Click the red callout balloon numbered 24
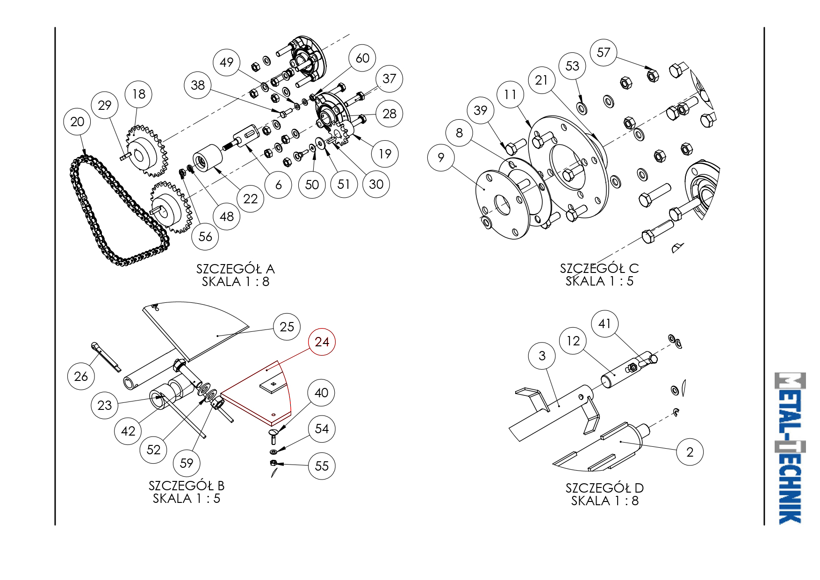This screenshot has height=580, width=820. click(322, 342)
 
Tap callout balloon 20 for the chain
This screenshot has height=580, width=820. click(77, 122)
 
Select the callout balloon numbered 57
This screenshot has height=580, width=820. click(604, 52)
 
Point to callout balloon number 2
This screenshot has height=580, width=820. click(690, 452)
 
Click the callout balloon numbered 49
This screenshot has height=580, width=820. click(226, 62)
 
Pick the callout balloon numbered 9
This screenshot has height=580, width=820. click(441, 158)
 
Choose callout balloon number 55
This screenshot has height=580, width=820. click(322, 466)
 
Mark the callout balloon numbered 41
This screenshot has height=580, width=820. click(604, 323)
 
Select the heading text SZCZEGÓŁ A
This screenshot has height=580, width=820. click(235, 269)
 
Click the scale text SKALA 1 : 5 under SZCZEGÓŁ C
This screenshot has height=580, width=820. click(599, 281)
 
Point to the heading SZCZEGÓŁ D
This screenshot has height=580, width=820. click(604, 488)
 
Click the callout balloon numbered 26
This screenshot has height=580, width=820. click(81, 376)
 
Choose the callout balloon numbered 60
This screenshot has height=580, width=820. click(362, 58)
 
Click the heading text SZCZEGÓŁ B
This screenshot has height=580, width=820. click(187, 486)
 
